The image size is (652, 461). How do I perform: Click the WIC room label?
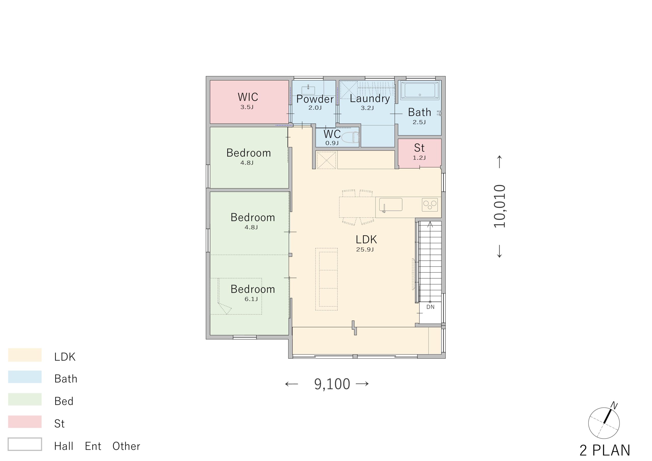click(x=248, y=97)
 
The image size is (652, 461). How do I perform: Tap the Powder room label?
click(x=315, y=99)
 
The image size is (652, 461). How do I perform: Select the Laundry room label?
click(x=370, y=99)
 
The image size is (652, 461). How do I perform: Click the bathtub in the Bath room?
click(x=420, y=90)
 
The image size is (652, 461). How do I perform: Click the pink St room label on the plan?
click(x=419, y=148)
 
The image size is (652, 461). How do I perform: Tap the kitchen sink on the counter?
click(x=391, y=205)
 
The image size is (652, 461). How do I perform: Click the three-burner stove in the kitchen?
click(x=430, y=205)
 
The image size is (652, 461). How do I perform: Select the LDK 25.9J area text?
click(x=366, y=243)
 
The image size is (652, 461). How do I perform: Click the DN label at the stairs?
click(x=430, y=307)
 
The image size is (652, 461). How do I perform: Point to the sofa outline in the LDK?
click(x=327, y=279)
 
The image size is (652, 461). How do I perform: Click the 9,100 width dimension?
click(x=332, y=384)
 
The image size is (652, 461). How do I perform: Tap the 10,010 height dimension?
click(x=499, y=206)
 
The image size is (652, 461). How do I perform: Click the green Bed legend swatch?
click(x=25, y=399)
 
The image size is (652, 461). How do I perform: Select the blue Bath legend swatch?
click(x=25, y=377)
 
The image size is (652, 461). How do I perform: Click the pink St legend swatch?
click(x=25, y=422)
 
